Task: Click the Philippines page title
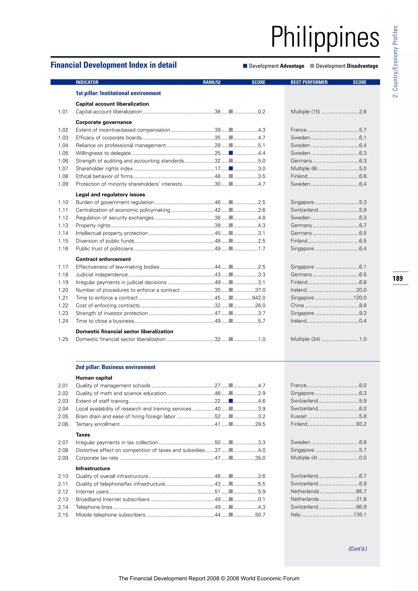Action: click(x=325, y=38)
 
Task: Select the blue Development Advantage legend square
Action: click(x=245, y=66)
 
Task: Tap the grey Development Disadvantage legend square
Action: click(x=312, y=66)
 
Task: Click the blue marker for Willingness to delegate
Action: click(x=231, y=153)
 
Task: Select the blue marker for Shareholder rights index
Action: click(x=231, y=168)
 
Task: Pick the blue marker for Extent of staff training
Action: click(x=231, y=401)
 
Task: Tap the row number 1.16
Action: click(x=63, y=249)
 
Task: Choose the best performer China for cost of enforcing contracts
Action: click(x=297, y=305)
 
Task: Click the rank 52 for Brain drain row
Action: click(x=218, y=416)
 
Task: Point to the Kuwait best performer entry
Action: click(x=299, y=416)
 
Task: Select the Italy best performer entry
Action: click(x=296, y=514)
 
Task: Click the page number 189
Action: click(x=398, y=279)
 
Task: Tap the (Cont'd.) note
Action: click(x=358, y=549)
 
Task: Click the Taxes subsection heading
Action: click(x=83, y=435)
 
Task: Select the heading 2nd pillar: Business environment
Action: click(x=116, y=367)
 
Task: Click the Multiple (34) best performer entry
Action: click(x=305, y=339)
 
